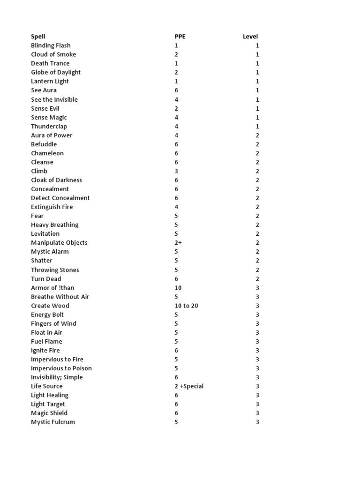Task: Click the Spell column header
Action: (x=38, y=37)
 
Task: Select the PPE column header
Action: (x=180, y=37)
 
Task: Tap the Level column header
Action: (x=250, y=37)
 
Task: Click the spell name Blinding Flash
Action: (x=51, y=45)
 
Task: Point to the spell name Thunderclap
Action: (x=49, y=126)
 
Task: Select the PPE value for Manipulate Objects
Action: (x=178, y=242)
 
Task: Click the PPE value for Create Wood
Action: (x=186, y=306)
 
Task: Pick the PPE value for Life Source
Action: (x=189, y=386)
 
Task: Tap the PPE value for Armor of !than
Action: (x=178, y=288)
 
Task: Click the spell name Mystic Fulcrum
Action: (x=53, y=422)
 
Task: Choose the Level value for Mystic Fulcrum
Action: (x=257, y=422)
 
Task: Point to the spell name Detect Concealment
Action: (x=60, y=198)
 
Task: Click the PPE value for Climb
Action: (x=176, y=171)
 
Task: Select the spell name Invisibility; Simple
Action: (x=57, y=377)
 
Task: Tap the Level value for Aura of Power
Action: (x=257, y=135)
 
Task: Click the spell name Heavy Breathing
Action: (x=55, y=225)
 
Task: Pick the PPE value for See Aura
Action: (x=176, y=90)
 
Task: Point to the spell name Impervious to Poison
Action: (x=61, y=368)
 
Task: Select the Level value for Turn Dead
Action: (x=257, y=279)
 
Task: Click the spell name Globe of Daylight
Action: (x=56, y=72)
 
